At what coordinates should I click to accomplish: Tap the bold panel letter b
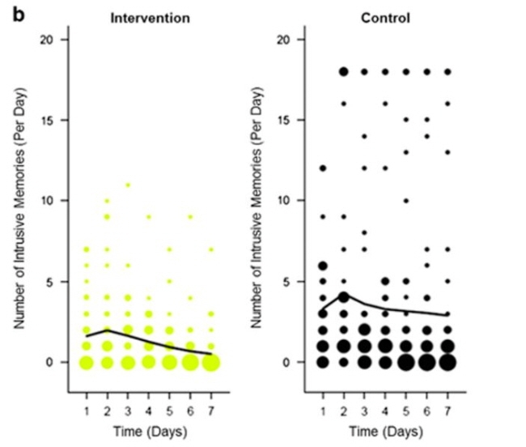(17, 14)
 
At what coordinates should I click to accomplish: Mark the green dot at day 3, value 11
(128, 185)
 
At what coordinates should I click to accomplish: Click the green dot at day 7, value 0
(210, 362)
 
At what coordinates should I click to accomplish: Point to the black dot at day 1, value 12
(323, 168)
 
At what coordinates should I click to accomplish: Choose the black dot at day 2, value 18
(343, 71)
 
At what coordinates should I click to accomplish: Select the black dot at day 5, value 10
(405, 200)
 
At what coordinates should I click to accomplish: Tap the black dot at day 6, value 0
(426, 362)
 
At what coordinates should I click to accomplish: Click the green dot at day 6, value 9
(190, 216)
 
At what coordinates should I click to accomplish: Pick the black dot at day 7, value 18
(448, 71)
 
